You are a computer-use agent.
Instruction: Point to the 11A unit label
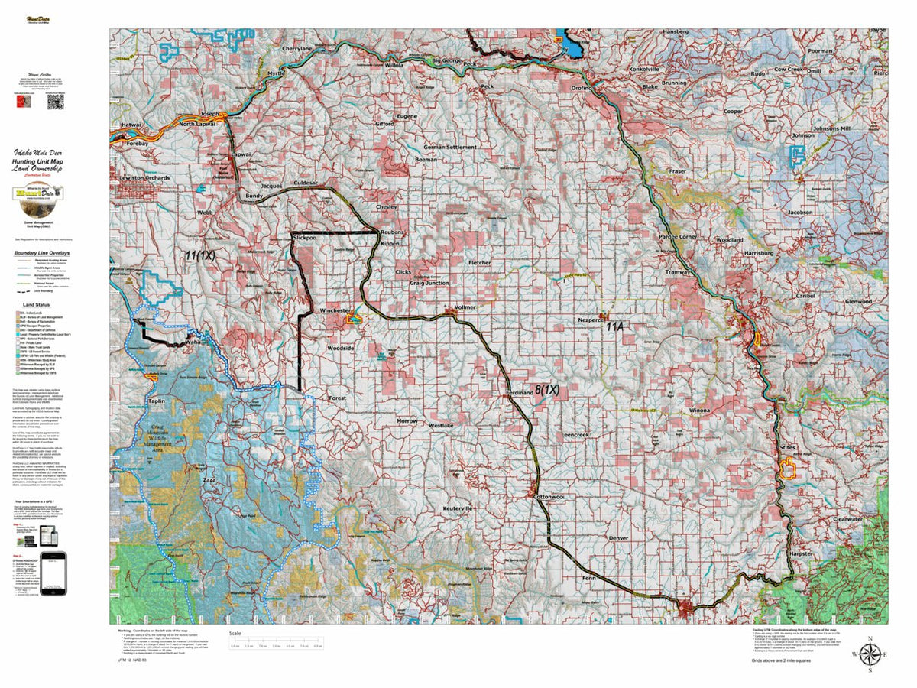pos(615,326)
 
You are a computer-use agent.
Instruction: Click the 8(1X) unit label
pos(547,390)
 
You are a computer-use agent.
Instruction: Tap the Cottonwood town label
pos(549,497)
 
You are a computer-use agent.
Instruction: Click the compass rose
pos(869,654)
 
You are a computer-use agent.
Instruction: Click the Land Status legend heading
pos(36,303)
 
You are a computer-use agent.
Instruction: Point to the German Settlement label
pos(450,147)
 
